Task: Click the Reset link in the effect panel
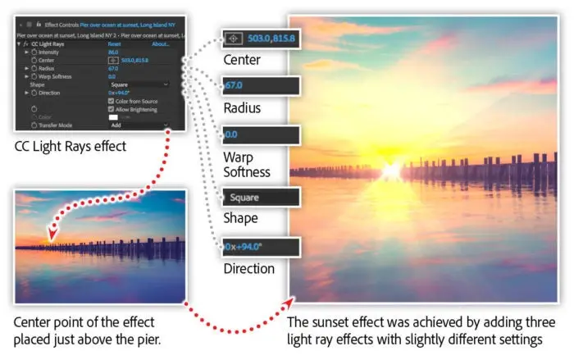[x=116, y=44]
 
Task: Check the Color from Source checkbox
[x=112, y=101]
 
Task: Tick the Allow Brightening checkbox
[x=112, y=109]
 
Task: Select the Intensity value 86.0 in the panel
[x=115, y=52]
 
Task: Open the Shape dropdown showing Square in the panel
[x=139, y=84]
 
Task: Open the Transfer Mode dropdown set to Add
[x=139, y=125]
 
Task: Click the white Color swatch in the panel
[x=114, y=117]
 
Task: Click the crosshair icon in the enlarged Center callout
[x=234, y=39]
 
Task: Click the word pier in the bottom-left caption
[x=133, y=334]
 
